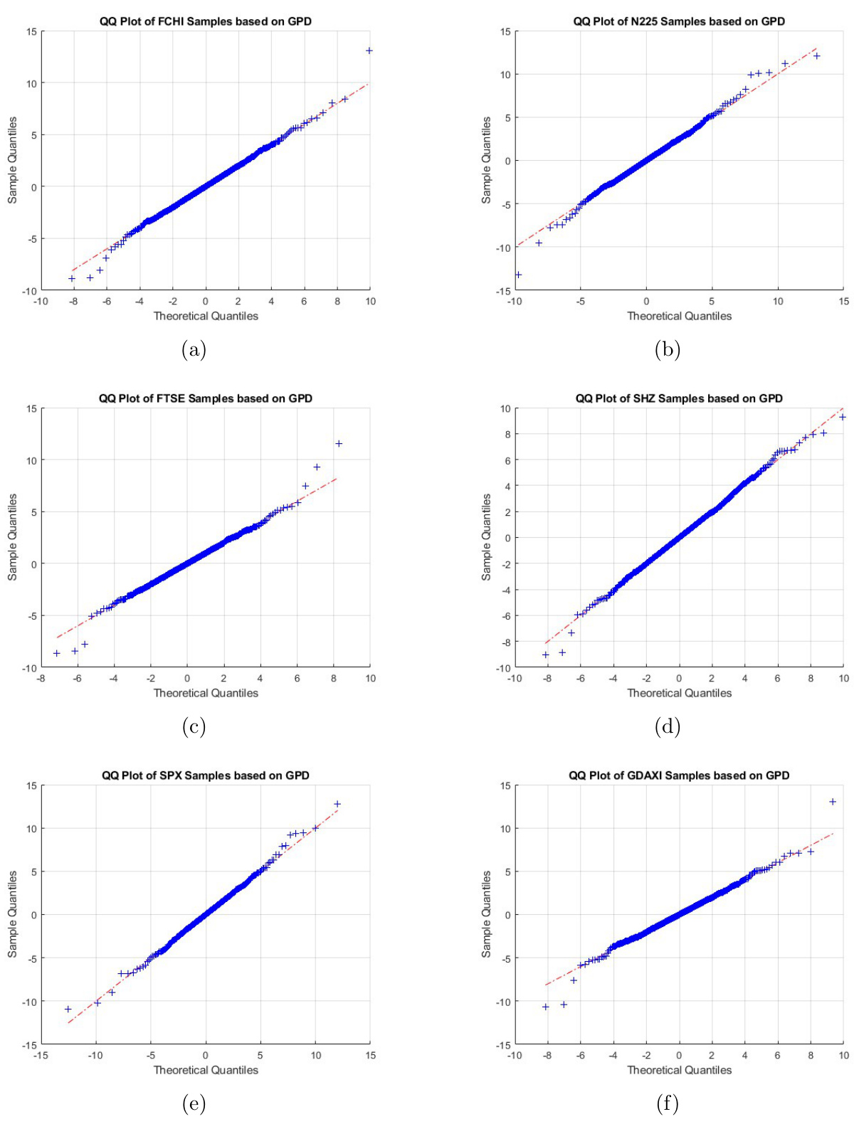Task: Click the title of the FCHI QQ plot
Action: point(205,21)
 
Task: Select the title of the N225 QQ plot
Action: point(679,21)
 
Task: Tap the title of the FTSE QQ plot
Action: point(205,398)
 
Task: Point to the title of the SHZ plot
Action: point(679,398)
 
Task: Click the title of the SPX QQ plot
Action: point(205,775)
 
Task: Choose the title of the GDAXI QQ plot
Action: point(679,775)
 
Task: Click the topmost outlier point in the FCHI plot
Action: point(369,51)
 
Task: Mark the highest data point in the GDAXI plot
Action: point(833,802)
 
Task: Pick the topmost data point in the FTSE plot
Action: point(339,444)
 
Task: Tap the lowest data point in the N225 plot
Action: point(518,275)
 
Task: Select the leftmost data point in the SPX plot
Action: point(68,1009)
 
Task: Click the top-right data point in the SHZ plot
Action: point(843,417)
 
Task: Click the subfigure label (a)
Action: point(194,349)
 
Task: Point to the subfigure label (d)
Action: point(668,726)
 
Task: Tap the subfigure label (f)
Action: point(668,1103)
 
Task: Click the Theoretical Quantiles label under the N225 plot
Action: point(679,316)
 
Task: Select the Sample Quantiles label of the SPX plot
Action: point(12,914)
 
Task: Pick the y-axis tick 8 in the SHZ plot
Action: point(506,434)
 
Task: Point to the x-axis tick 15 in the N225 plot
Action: point(843,302)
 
